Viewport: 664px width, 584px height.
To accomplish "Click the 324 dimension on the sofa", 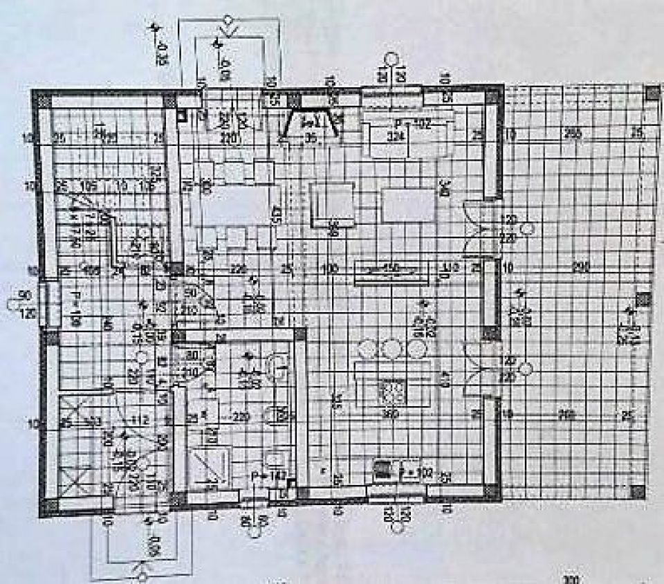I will tap(395, 136).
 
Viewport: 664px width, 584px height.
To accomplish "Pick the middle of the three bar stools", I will tap(391, 348).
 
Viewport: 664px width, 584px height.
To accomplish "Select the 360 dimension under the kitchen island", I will tap(391, 414).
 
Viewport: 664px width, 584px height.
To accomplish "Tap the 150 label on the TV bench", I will tap(392, 268).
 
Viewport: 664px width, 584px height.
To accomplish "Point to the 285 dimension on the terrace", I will tap(572, 134).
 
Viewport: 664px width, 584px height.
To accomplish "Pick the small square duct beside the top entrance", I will tap(181, 116).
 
